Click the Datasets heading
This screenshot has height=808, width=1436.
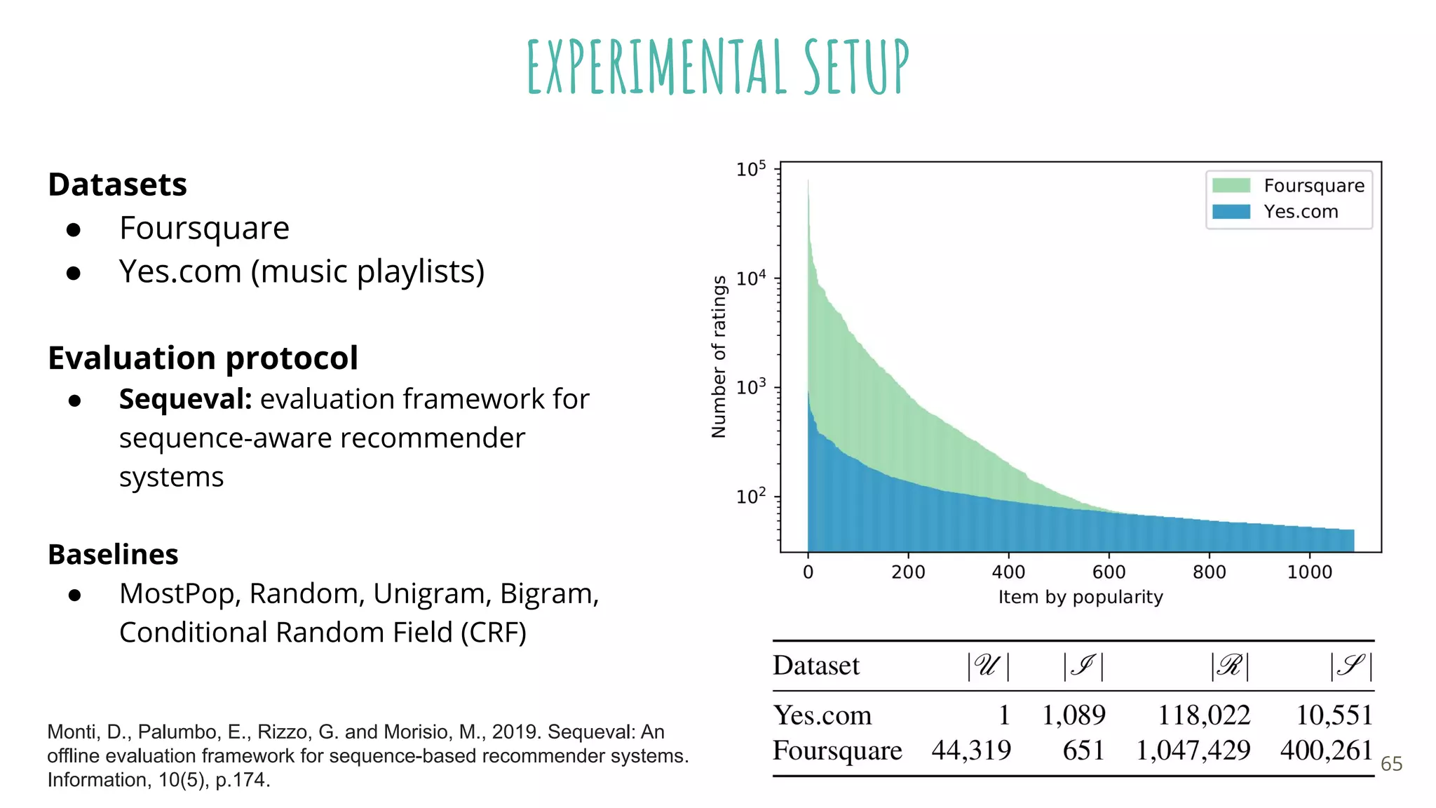point(117,184)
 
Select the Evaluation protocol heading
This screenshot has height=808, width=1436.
point(203,358)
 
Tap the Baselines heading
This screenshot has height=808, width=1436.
point(113,554)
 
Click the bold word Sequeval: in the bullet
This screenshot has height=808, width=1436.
point(185,398)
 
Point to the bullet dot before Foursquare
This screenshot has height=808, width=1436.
point(74,229)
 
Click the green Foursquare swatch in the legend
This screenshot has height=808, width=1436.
point(1231,185)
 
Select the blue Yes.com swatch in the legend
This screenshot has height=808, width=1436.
point(1231,211)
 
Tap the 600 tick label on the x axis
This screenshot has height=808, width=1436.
point(1109,572)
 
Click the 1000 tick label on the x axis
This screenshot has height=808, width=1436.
point(1309,572)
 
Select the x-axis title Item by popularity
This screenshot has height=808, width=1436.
point(1080,597)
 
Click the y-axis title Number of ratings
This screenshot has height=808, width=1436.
point(719,356)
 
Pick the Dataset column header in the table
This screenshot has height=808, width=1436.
point(815,665)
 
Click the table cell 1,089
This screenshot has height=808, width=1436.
point(1073,715)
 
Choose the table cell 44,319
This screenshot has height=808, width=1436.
point(970,750)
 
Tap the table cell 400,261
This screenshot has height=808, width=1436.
point(1325,750)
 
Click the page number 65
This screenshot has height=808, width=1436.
point(1391,764)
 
